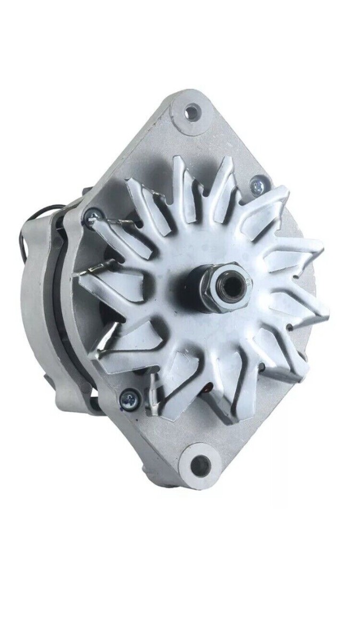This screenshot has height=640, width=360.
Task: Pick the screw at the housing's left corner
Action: coord(92,215)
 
